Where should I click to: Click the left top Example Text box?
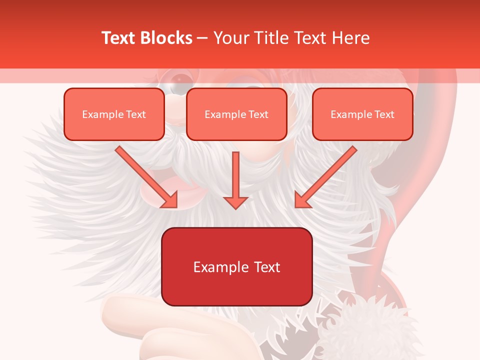(x=114, y=114)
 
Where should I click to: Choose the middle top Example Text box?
(x=236, y=114)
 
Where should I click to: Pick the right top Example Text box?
(x=362, y=114)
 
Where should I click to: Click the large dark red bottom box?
(x=236, y=267)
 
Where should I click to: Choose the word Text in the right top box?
(x=384, y=114)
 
